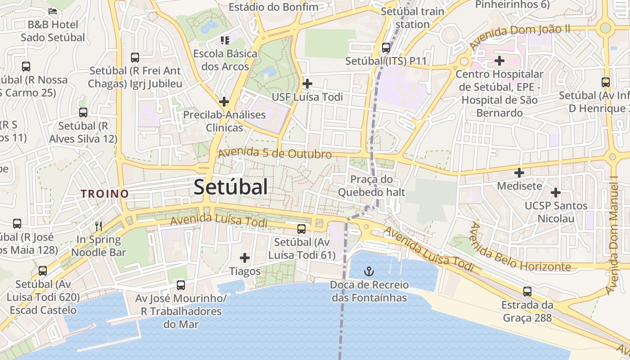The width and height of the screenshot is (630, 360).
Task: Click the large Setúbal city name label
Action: pos(230,187)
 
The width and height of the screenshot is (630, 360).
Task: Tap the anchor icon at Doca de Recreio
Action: pos(369,271)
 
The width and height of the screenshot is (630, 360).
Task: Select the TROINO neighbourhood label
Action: pos(105,194)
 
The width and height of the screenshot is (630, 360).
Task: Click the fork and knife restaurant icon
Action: pos(99,226)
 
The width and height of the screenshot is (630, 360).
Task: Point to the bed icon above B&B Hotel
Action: pos(53,10)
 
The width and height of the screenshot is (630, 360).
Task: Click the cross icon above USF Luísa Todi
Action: pos(307,83)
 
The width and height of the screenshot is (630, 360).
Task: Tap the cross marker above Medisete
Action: pos(519,172)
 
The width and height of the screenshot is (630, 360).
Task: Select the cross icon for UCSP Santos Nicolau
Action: pos(556,193)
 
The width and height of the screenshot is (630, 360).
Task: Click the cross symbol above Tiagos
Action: pos(245,258)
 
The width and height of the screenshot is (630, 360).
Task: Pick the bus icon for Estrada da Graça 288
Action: pos(527,291)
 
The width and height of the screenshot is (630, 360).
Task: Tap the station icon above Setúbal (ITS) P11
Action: pos(386,47)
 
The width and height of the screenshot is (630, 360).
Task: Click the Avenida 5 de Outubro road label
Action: pos(275,153)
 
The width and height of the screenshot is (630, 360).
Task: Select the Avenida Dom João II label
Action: pos(519,37)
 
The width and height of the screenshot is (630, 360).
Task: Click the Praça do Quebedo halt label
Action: pos(371,186)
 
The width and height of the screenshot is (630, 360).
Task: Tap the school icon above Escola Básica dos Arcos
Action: pos(225,40)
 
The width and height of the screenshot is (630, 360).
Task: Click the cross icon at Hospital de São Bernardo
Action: pos(499,60)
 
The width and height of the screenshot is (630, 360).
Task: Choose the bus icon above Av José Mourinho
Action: pos(181,285)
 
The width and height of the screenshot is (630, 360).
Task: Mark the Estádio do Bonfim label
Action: pos(273,7)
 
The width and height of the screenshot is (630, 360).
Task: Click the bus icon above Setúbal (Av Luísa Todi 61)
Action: pos(301,229)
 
